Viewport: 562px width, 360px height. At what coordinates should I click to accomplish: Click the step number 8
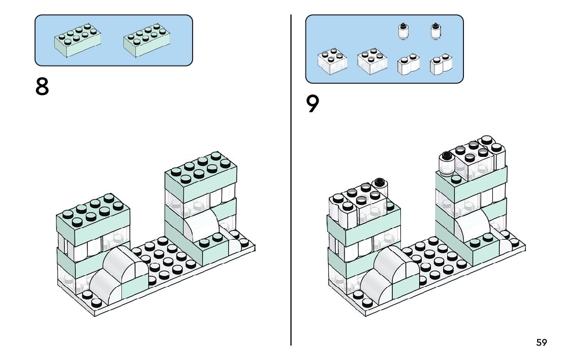coord(42,87)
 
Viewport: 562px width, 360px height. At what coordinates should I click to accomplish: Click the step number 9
coord(312,104)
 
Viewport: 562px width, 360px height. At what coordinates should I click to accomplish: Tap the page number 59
coord(542,342)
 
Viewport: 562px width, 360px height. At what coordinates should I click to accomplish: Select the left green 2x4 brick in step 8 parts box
coord(77,40)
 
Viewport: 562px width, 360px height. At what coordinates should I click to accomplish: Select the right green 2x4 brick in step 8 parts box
coord(146,40)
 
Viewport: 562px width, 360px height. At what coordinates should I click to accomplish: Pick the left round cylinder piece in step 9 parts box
coord(403,31)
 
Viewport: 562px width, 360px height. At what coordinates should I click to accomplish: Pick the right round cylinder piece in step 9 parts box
coord(436,31)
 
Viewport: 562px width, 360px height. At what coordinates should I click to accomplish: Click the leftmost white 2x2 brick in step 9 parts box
coord(332,61)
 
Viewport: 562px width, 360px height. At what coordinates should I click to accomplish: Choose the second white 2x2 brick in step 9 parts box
coord(372,61)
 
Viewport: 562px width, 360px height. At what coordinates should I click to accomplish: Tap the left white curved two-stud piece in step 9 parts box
coord(408,64)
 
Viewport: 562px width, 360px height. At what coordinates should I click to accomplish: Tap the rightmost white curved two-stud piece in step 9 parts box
coord(441,64)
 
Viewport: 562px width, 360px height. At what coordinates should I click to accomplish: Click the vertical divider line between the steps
coord(291,180)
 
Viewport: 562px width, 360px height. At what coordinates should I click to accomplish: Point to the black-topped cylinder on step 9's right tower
coord(447,163)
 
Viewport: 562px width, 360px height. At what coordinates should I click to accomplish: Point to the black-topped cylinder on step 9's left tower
coord(380,187)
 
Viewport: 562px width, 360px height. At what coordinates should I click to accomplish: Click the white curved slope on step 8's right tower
coord(202,225)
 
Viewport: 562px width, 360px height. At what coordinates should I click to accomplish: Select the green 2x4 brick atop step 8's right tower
coord(201,177)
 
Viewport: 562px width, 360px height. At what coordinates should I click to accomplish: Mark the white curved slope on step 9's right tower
coord(473,225)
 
